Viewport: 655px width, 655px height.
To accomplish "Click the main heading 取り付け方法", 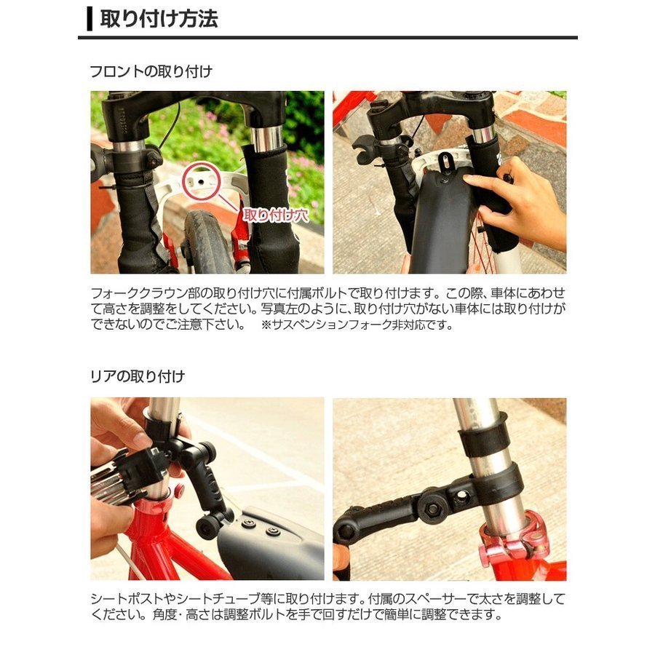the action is point(159,19).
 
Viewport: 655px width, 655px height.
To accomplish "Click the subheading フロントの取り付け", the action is point(151,72).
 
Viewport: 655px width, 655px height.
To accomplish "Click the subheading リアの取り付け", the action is point(138,376).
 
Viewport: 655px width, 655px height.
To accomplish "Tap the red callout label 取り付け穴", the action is point(275,215).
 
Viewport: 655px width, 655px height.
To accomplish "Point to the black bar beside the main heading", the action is point(90,19).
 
